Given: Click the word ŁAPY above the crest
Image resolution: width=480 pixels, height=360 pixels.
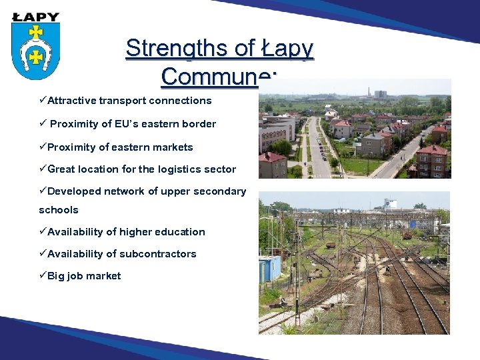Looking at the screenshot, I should point(35,17).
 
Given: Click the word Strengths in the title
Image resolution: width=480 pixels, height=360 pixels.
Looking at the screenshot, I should point(175,48).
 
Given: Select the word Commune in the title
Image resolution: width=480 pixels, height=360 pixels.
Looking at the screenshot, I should point(209,76).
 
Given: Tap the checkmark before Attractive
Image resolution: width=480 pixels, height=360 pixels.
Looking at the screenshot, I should point(43,101).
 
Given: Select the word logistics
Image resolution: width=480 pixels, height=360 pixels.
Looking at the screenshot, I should point(183,169).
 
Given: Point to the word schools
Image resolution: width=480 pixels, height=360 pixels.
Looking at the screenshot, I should point(59,210).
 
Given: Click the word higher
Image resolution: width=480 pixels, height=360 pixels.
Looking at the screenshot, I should point(121,232).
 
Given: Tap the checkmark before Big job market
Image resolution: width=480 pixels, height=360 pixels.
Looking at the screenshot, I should point(43,276).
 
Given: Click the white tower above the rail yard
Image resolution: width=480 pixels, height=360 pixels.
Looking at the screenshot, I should point(391,204).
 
